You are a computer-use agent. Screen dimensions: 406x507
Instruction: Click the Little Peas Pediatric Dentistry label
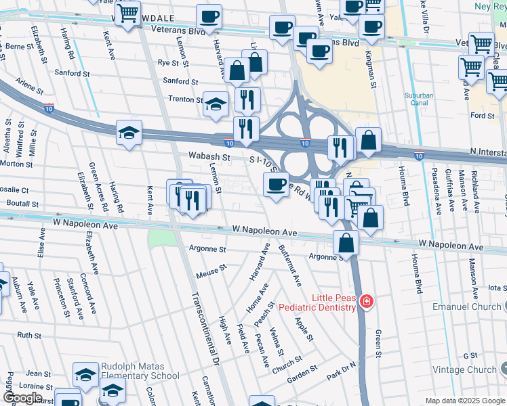[333, 302]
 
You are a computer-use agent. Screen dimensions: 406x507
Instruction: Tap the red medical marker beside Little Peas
[367, 301]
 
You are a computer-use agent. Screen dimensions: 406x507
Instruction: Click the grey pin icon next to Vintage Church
[504, 369]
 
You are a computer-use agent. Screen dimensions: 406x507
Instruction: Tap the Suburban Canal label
[423, 99]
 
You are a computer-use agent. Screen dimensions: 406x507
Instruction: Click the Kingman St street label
[371, 68]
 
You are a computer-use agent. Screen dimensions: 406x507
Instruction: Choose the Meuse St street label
[210, 271]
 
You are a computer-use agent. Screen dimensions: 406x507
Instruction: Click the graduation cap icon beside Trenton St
[216, 104]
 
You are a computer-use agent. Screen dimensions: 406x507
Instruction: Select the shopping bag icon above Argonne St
[346, 243]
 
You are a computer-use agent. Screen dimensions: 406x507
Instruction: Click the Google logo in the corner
[24, 398]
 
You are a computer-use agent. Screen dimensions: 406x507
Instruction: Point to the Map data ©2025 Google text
[464, 401]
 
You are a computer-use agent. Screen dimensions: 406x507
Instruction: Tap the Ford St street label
[482, 116]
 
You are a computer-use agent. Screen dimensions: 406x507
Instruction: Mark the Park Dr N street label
[341, 370]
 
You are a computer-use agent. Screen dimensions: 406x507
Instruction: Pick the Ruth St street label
[29, 335]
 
